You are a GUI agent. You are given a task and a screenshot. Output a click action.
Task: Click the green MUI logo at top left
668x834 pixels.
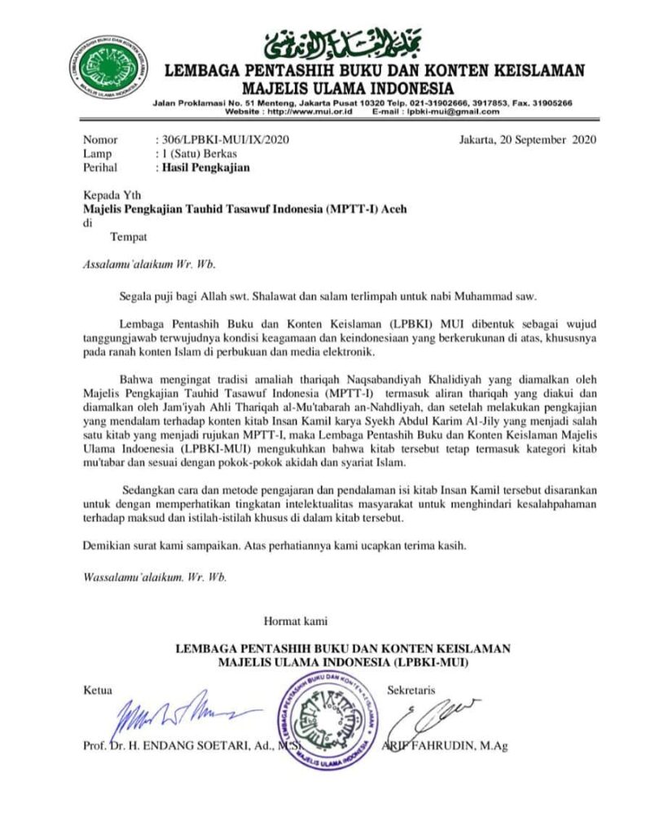point(109,71)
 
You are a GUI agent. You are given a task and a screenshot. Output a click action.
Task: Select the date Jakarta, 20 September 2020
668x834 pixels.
point(527,140)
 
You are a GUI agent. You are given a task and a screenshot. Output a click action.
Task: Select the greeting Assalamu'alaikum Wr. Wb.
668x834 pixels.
point(152,264)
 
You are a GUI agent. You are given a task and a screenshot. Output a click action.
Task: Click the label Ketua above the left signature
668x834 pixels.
point(99,691)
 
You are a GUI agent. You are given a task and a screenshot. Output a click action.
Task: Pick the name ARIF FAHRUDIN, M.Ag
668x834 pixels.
point(446,746)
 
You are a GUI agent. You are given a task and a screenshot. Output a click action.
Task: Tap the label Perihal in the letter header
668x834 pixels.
point(101,169)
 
